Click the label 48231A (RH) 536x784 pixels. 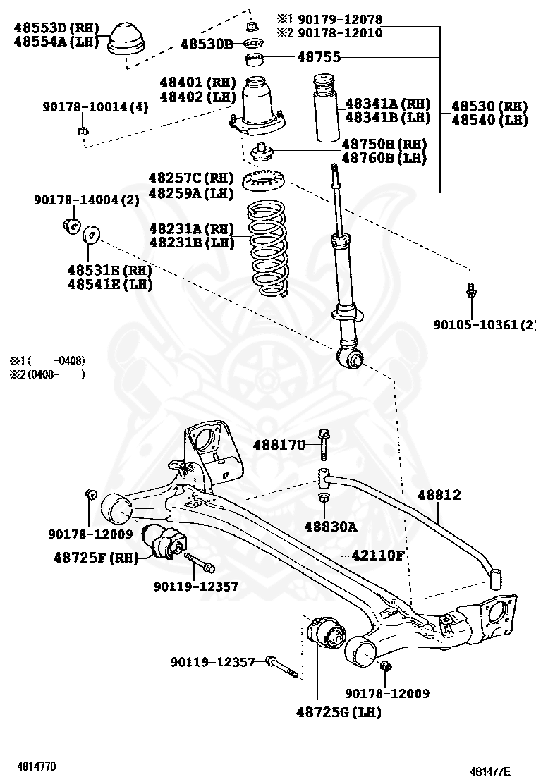coord(190,228)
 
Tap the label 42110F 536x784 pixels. coord(378,556)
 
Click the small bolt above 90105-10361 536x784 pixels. coord(470,290)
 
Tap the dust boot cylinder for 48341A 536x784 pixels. coord(324,112)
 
